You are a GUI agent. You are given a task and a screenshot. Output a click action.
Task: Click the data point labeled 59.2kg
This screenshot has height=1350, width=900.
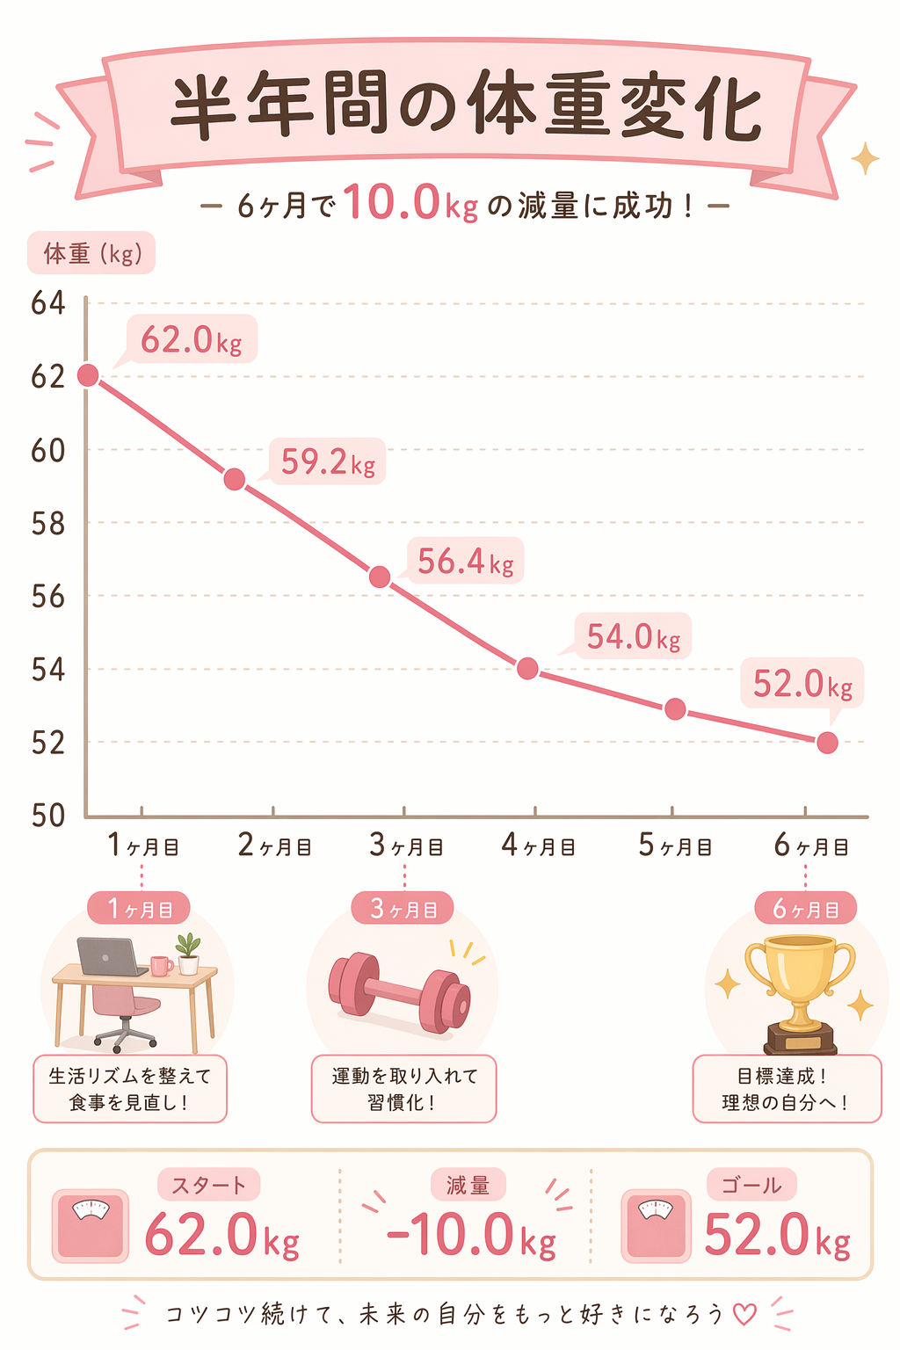tap(235, 479)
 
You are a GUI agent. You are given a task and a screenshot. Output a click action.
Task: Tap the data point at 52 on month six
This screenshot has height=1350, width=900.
tap(827, 743)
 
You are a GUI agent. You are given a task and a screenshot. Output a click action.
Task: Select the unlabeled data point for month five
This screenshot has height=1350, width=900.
tap(675, 708)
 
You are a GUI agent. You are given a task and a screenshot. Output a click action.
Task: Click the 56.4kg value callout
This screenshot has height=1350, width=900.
tap(465, 561)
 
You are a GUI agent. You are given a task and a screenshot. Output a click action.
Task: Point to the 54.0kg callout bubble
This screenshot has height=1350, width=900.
tap(633, 636)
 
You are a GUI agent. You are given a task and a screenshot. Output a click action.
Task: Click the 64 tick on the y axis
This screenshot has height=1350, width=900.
tap(48, 303)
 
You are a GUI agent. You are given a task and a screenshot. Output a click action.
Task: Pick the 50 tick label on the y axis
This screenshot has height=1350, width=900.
tap(48, 815)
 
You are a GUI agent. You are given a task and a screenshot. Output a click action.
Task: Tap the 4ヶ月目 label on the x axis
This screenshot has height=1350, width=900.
tap(538, 846)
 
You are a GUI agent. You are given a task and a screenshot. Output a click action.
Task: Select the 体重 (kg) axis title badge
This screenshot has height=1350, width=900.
tap(91, 254)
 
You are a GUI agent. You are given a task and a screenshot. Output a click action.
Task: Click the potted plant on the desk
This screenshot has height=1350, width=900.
tap(188, 954)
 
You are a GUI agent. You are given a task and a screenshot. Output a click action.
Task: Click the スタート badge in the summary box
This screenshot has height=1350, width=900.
tap(208, 1185)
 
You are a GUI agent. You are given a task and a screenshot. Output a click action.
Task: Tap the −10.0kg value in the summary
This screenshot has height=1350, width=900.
tap(470, 1235)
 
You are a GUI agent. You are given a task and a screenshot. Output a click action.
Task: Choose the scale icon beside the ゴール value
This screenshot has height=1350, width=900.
tap(655, 1225)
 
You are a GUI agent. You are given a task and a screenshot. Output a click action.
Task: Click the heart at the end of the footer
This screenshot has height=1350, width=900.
tap(744, 1314)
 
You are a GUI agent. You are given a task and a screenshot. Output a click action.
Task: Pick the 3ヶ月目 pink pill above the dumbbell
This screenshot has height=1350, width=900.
tap(403, 909)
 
